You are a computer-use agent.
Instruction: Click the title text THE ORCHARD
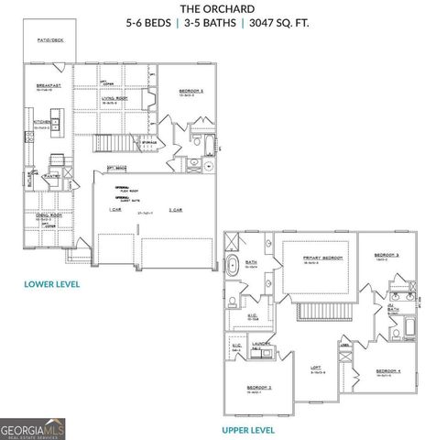218,9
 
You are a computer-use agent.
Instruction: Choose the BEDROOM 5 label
190,92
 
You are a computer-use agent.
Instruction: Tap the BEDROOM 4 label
388,370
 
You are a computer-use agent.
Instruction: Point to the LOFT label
316,368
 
